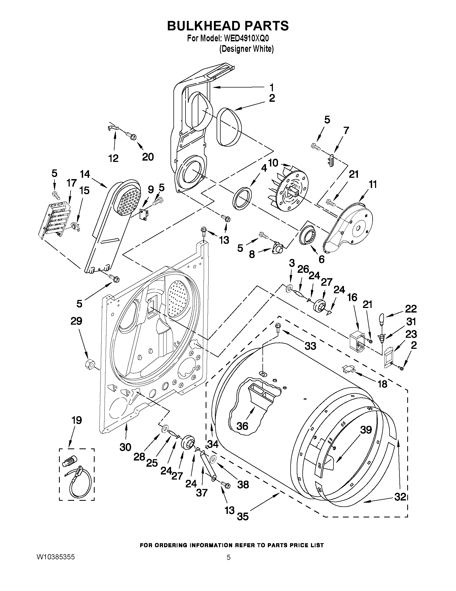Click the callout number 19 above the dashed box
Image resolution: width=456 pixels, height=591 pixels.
point(76,420)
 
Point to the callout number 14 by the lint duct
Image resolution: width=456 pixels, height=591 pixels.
point(85,174)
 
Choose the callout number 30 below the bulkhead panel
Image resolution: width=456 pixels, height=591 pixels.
point(125,447)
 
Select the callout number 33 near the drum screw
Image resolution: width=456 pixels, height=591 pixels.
point(310,346)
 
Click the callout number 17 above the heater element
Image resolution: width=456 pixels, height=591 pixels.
point(72,183)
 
